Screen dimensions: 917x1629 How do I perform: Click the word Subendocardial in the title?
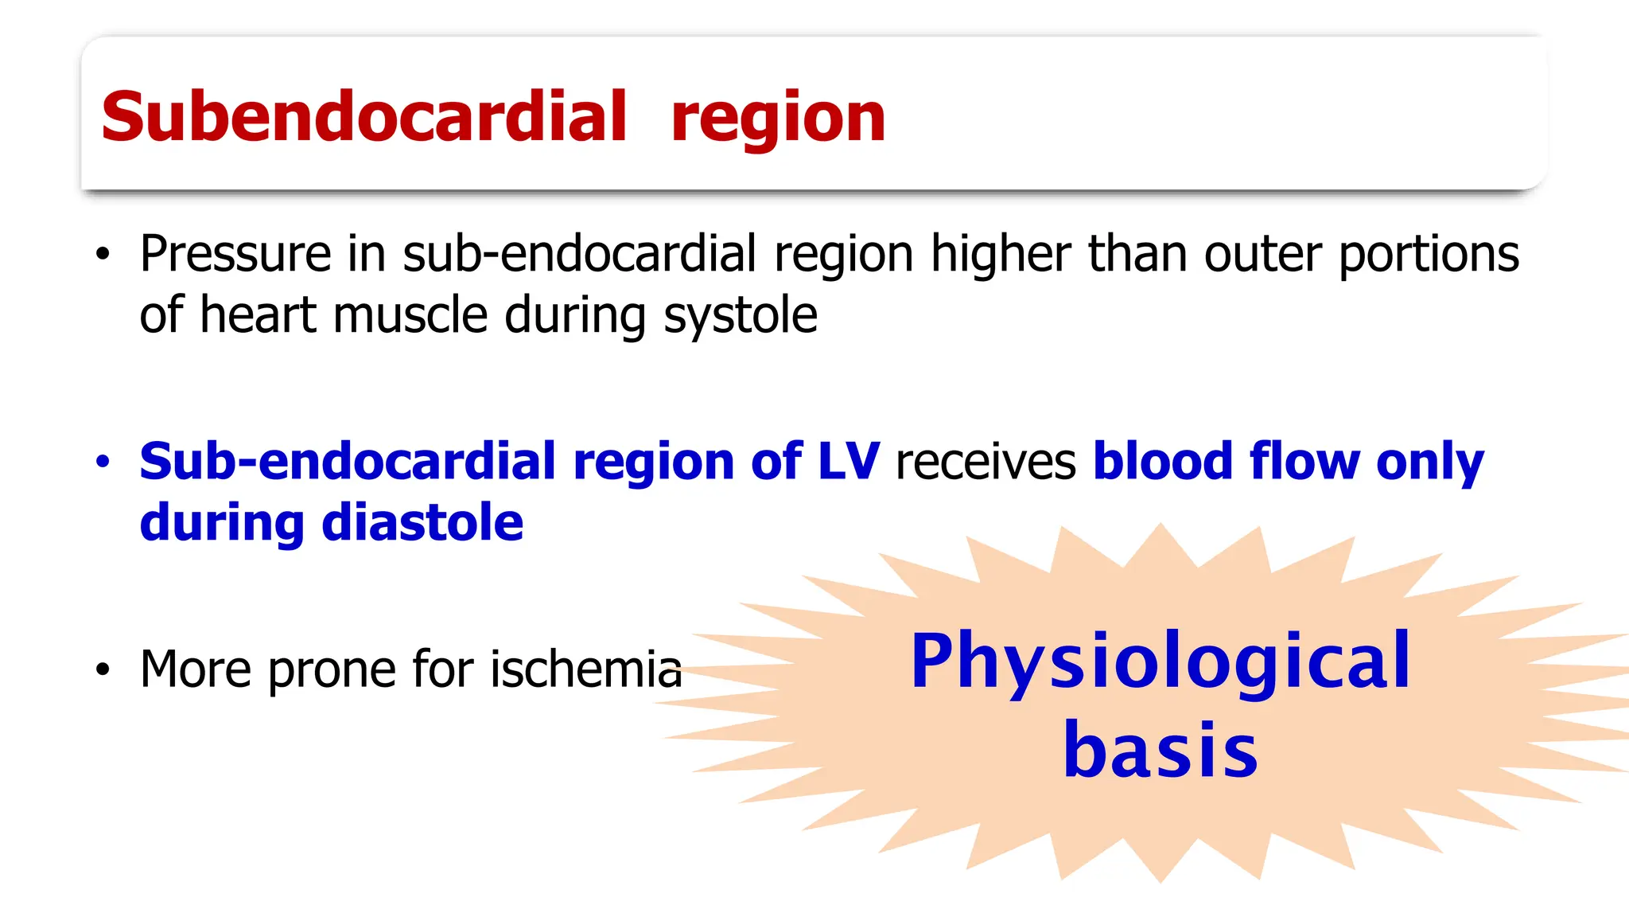(364, 117)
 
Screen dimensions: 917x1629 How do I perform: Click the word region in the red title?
(777, 119)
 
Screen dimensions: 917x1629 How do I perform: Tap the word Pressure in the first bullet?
(235, 254)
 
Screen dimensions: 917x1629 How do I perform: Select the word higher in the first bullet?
(1001, 255)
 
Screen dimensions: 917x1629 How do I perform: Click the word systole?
(740, 316)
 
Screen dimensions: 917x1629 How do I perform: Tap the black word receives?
(986, 463)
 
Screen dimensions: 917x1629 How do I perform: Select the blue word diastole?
(422, 523)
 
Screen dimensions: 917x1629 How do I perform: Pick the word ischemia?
(586, 669)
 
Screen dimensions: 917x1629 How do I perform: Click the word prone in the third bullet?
(331, 670)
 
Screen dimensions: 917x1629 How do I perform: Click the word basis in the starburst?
(1161, 750)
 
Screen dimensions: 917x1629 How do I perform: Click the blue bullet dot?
(103, 462)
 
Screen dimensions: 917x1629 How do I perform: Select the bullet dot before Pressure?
(103, 255)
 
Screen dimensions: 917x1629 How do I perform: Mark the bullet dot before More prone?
(103, 669)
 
